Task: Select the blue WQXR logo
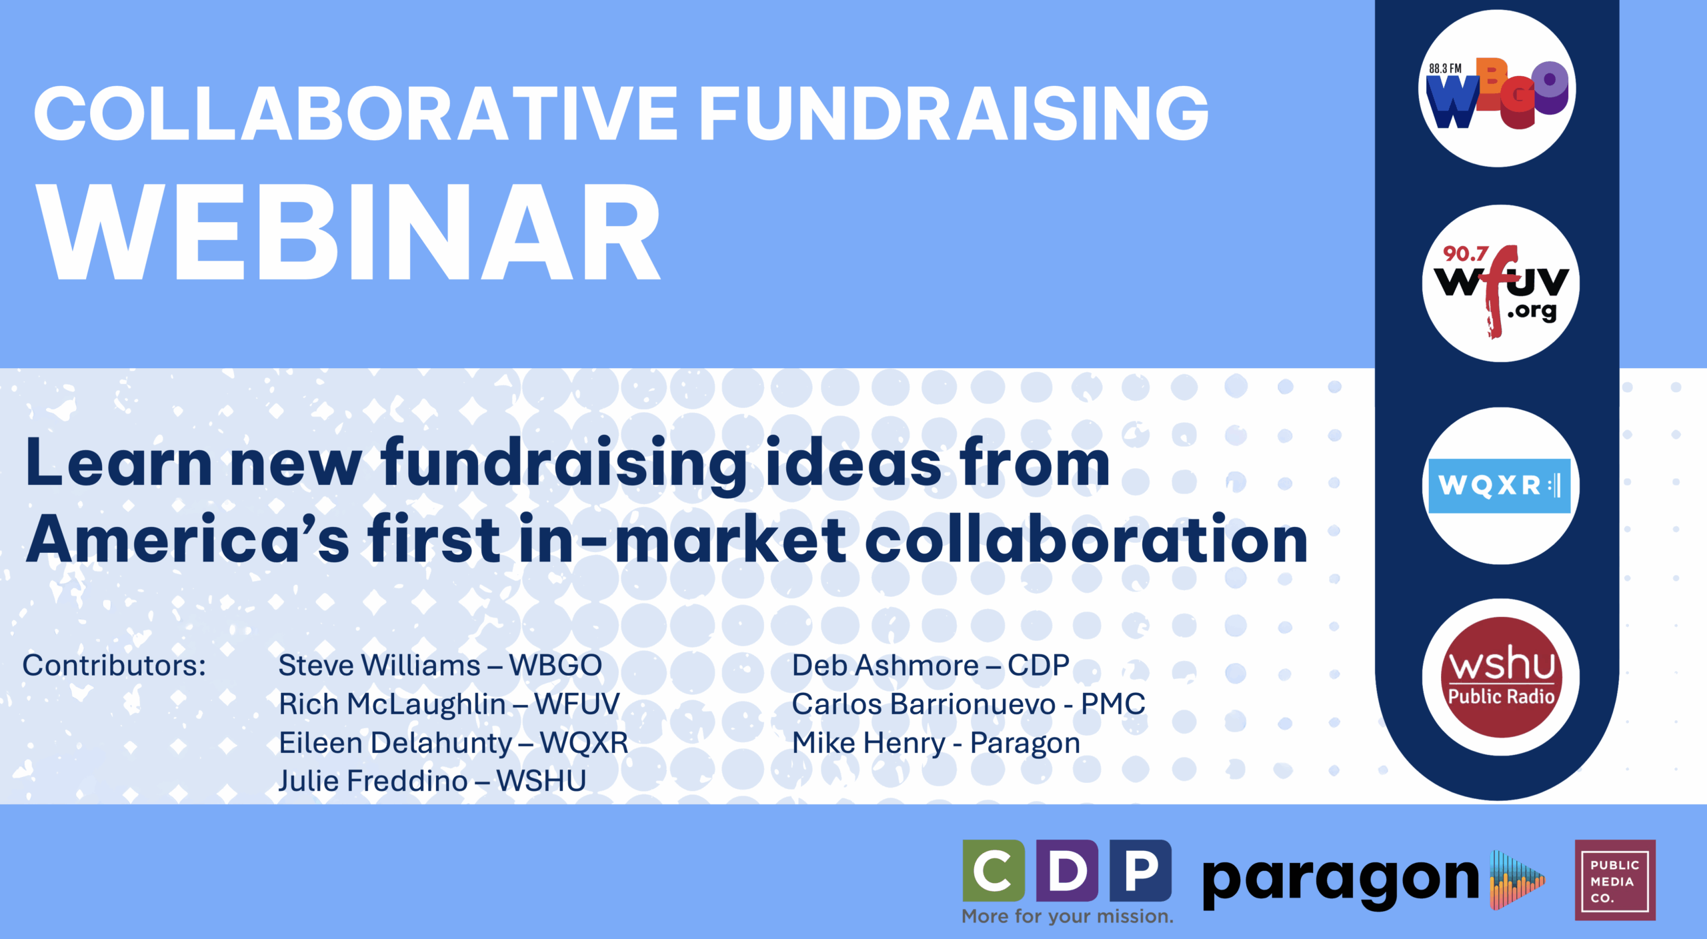coord(1499,486)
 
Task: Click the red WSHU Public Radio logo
coord(1501,677)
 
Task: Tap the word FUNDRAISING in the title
coord(954,114)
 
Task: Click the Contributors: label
coord(114,665)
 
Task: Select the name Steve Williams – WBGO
coord(440,665)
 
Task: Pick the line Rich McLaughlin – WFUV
coord(449,704)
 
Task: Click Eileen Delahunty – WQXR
coord(453,743)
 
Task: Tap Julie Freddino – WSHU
coord(432,781)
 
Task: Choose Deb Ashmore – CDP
coord(931,665)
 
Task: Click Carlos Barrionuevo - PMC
coord(969,704)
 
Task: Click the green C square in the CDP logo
coord(994,870)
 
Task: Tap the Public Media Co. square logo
coord(1615,880)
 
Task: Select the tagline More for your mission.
coord(1068,916)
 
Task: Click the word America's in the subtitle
coord(187,539)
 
